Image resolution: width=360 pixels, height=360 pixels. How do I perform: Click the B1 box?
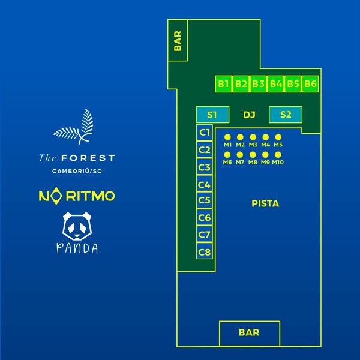pyautogui.click(x=224, y=84)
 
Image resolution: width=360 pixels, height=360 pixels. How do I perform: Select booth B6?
pyautogui.click(x=310, y=84)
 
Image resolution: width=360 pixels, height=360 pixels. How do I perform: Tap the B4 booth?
pyautogui.click(x=276, y=84)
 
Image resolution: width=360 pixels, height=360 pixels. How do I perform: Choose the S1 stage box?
pyautogui.click(x=212, y=115)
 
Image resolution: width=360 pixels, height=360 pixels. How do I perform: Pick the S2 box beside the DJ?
pyautogui.click(x=286, y=115)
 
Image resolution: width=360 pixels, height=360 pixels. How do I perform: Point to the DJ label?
pyautogui.click(x=249, y=115)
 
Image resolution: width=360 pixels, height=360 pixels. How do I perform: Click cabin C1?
pyautogui.click(x=205, y=133)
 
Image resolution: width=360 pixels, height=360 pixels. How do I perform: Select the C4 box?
pyautogui.click(x=205, y=185)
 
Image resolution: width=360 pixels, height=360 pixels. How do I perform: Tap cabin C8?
pyautogui.click(x=205, y=252)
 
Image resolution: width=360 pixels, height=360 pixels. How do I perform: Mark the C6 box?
pyautogui.click(x=205, y=218)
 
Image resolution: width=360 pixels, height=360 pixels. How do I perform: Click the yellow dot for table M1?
pyautogui.click(x=227, y=137)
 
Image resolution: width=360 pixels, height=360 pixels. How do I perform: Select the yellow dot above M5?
pyautogui.click(x=278, y=137)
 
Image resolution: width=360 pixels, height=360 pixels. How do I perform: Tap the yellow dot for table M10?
pyautogui.click(x=278, y=154)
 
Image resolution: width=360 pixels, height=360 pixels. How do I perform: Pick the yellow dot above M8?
pyautogui.click(x=253, y=154)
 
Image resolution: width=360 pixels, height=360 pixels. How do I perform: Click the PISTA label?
pyautogui.click(x=265, y=204)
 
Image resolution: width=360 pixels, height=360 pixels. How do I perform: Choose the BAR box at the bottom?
pyautogui.click(x=249, y=333)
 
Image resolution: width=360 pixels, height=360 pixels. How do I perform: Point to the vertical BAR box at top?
pyautogui.click(x=178, y=40)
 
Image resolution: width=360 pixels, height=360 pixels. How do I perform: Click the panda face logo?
pyautogui.click(x=77, y=224)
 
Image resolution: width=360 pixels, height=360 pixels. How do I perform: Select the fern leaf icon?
pyautogui.click(x=76, y=127)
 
